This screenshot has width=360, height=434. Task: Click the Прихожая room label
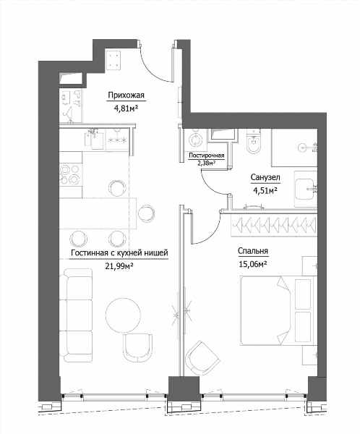(x=126, y=95)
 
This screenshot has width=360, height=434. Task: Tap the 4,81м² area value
(x=126, y=108)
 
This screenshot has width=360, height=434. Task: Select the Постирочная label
(x=207, y=156)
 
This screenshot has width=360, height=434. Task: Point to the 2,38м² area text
(x=206, y=163)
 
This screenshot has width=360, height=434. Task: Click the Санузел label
(x=265, y=177)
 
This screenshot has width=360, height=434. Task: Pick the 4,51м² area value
(x=265, y=190)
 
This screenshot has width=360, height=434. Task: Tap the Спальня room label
(x=253, y=251)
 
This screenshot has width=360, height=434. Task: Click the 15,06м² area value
(x=252, y=264)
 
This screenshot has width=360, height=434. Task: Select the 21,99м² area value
(x=119, y=266)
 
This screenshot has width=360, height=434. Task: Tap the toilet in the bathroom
(x=254, y=142)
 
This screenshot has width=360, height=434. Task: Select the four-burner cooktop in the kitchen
(x=70, y=174)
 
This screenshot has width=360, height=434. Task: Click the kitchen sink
(x=95, y=139)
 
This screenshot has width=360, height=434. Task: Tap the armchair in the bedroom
(x=202, y=358)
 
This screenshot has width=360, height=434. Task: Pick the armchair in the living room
(x=138, y=347)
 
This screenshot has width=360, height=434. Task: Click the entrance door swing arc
(x=153, y=69)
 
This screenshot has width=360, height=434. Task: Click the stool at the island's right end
(x=146, y=213)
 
